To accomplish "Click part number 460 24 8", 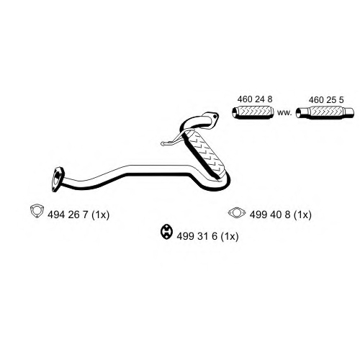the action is point(255,99).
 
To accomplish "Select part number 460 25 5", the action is point(326,99).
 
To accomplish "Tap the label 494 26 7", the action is point(68,215).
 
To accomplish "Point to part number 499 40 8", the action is point(270,215).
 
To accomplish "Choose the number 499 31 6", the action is point(197,236).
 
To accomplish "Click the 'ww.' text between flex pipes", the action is point(284,112).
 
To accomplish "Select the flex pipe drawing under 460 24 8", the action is point(253,112).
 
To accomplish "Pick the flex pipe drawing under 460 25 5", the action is point(325,112).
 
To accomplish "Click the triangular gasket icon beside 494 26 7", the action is point(37,211).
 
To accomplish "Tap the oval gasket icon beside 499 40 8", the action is point(237,212).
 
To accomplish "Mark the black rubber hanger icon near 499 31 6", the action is point(166,232).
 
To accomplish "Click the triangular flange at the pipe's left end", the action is point(58,179).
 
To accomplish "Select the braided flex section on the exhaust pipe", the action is point(204,153).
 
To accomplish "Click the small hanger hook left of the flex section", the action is point(172,141).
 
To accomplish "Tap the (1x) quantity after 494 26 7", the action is point(101,215).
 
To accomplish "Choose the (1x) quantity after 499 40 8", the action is point(303,215).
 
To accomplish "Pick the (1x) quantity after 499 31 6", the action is point(230,236).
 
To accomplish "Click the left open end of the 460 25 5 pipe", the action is point(298,112).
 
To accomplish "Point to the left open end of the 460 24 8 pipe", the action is point(235,113).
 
